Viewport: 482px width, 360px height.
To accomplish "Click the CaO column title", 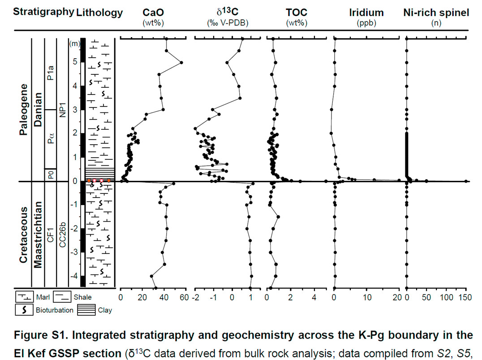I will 153,13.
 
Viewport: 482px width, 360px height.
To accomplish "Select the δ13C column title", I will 220,13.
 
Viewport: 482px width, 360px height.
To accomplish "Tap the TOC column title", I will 293,13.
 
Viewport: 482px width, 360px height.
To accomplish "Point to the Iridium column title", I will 366,13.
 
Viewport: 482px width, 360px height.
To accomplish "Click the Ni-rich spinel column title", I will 436,13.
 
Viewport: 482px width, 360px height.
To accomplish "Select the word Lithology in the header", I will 99,13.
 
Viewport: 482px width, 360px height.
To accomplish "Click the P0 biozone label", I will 51,175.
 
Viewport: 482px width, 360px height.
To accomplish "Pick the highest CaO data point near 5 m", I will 181,63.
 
